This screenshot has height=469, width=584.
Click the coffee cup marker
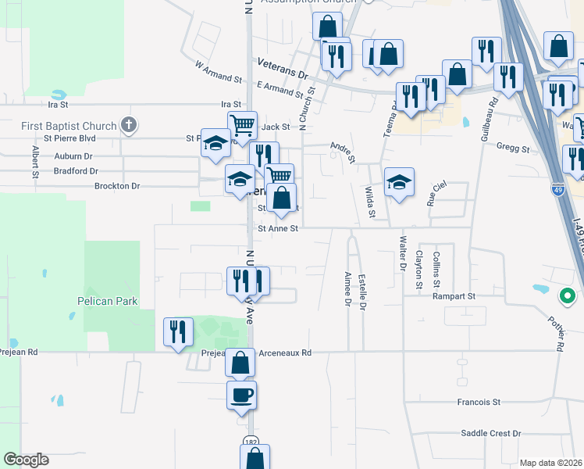pyautogui.click(x=241, y=395)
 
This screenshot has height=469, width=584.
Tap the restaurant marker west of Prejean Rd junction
pyautogui.click(x=179, y=331)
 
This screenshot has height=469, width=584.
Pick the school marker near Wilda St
pyautogui.click(x=399, y=182)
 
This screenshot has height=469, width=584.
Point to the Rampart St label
pyautogui.click(x=454, y=297)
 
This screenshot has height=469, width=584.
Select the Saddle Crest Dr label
pyautogui.click(x=490, y=433)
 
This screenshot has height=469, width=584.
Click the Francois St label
pyautogui.click(x=479, y=402)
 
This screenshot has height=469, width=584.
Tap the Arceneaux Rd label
pyautogui.click(x=286, y=353)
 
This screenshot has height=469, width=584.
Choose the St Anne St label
pyautogui.click(x=279, y=229)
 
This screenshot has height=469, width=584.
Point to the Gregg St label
pyautogui.click(x=513, y=149)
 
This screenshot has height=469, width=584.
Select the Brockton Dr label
pyautogui.click(x=116, y=186)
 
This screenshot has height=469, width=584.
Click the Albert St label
pyautogui.click(x=35, y=161)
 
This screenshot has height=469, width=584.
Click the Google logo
pyautogui.click(x=26, y=460)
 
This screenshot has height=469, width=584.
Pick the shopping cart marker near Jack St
pyautogui.click(x=242, y=124)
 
